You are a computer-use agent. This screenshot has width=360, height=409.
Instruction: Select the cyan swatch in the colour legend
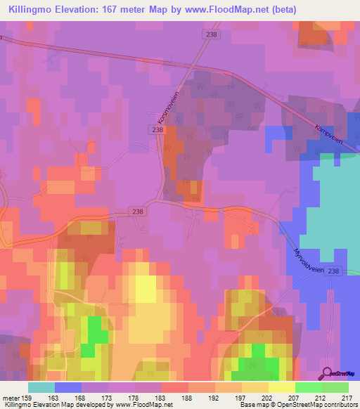click(x=41, y=387)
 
